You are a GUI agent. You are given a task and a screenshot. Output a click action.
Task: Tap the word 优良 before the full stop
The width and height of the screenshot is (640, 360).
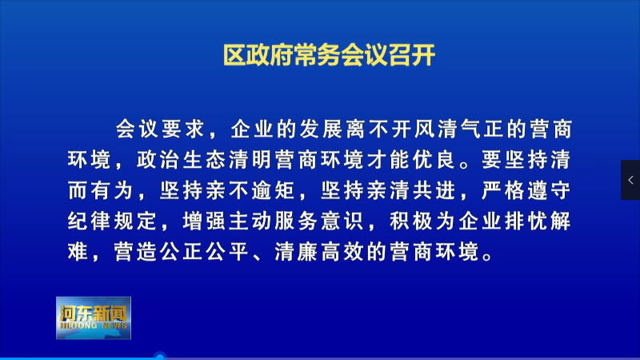point(434,159)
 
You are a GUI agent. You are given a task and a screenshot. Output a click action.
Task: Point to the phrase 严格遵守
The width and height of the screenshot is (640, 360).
point(526,190)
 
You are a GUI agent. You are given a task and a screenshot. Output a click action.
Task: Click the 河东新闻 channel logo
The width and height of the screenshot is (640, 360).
point(94,318)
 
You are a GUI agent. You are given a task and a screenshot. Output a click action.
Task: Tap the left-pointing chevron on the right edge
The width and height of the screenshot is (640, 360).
point(630,180)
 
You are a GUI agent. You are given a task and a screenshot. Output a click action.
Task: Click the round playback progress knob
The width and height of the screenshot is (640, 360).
point(160,357)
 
